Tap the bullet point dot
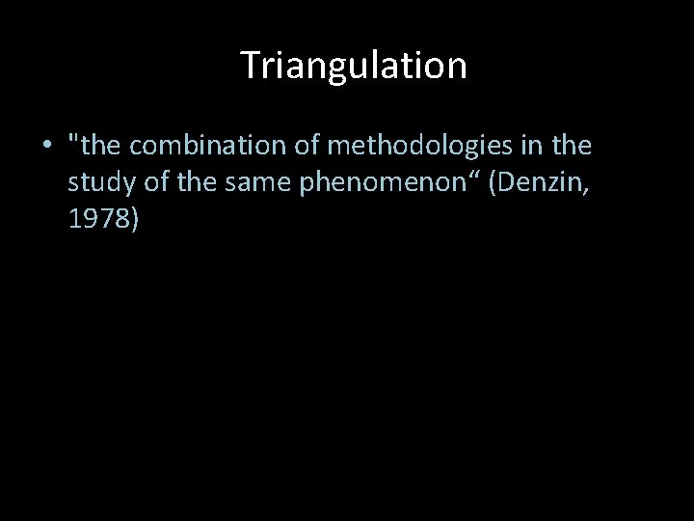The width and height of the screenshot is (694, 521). click(x=45, y=147)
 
